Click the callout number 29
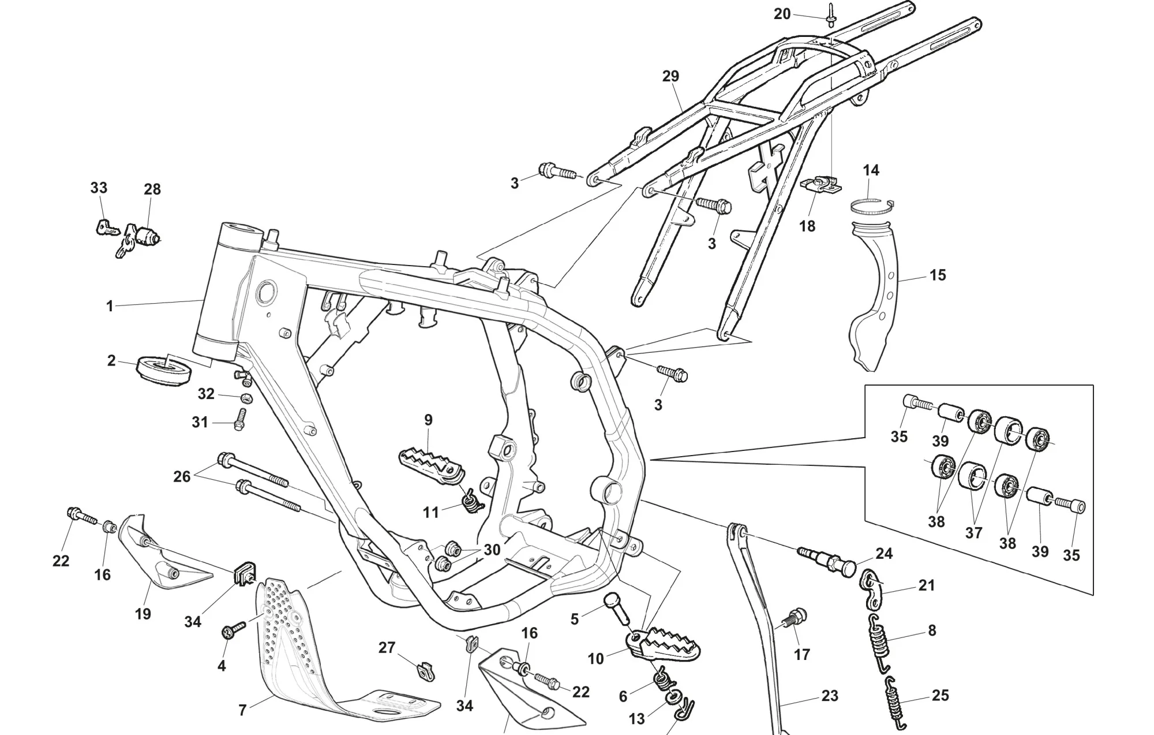coord(670,76)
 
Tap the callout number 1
coord(110,306)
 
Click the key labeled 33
coord(108,228)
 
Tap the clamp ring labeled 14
coord(872,205)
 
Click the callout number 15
coord(938,275)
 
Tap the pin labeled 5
coord(618,608)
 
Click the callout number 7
coord(242,710)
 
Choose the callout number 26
coord(182,477)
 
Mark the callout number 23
coord(830,696)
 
